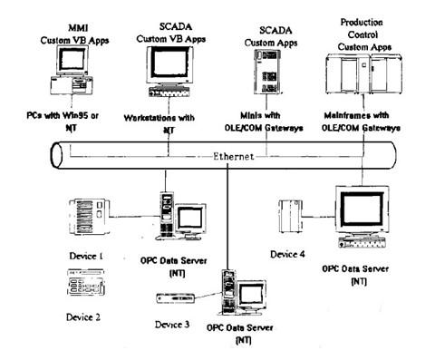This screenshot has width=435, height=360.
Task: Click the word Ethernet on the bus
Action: coord(233,156)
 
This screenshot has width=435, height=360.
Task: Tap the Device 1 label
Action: coord(86,256)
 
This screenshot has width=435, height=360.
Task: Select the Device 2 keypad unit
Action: coord(86,283)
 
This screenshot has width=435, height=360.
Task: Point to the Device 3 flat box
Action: coord(175,298)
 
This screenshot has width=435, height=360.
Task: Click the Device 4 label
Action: coord(287,255)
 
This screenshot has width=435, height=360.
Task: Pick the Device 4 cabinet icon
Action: coord(290,216)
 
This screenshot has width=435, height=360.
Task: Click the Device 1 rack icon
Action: coord(88,217)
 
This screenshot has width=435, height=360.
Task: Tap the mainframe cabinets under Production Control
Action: coord(363,73)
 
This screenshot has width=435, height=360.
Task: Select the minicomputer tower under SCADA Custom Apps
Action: coord(267,72)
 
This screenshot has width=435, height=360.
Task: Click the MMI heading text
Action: coord(78,28)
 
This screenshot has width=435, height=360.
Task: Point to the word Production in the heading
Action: coord(362,23)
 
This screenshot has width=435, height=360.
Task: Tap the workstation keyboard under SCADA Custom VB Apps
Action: coord(169,92)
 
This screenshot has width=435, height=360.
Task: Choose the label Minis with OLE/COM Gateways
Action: coord(264,122)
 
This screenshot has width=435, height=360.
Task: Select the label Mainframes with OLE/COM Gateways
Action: coord(361,122)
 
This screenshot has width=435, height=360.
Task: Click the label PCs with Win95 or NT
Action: coord(63,122)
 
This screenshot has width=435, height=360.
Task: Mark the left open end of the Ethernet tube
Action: coord(56,155)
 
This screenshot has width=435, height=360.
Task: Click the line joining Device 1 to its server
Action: coord(134,217)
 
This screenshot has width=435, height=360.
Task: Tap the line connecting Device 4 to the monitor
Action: coord(319,217)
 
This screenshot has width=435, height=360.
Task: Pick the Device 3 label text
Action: coord(172,325)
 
